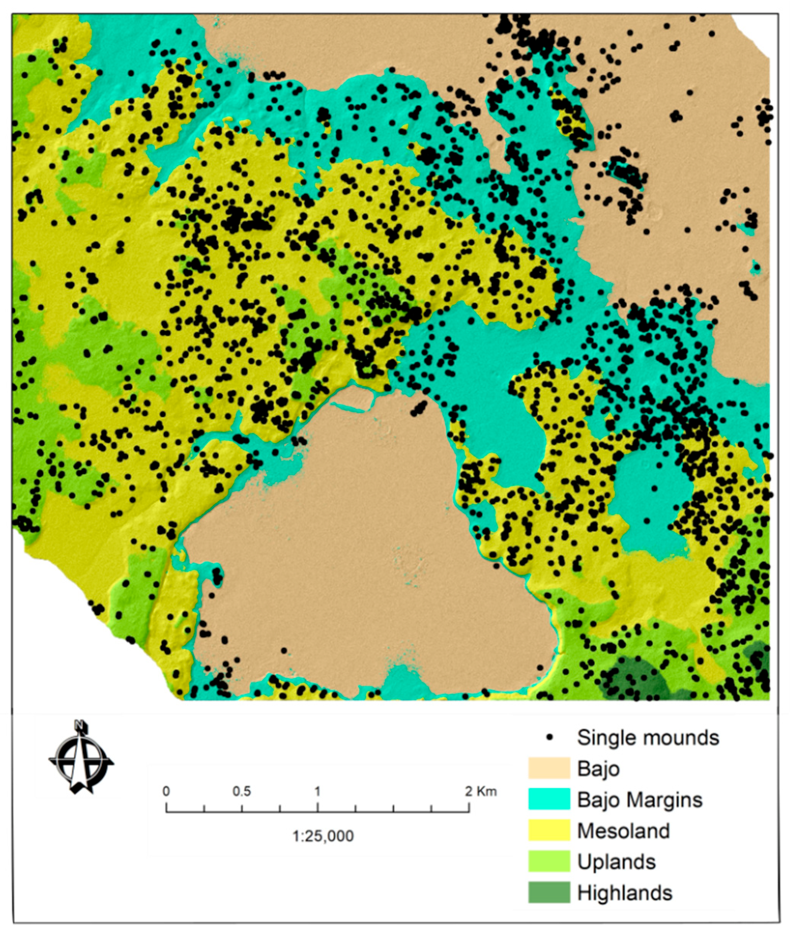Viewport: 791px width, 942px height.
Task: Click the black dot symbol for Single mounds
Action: pos(550,737)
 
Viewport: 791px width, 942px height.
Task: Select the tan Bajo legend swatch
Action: pos(549,768)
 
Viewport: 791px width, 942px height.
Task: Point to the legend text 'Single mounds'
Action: pos(648,737)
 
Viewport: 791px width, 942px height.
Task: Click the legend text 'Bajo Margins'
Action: pos(640,799)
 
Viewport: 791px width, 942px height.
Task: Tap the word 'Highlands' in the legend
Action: pos(625,892)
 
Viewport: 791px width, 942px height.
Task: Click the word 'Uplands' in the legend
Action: pos(616,861)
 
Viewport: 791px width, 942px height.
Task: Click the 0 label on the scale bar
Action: pos(166,791)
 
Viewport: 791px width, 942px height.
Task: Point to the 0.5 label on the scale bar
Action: pos(242,791)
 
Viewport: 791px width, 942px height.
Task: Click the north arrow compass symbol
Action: pos(81,763)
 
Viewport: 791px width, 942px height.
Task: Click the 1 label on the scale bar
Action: pos(317,791)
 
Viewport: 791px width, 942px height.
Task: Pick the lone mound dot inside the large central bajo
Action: pos(284,650)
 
